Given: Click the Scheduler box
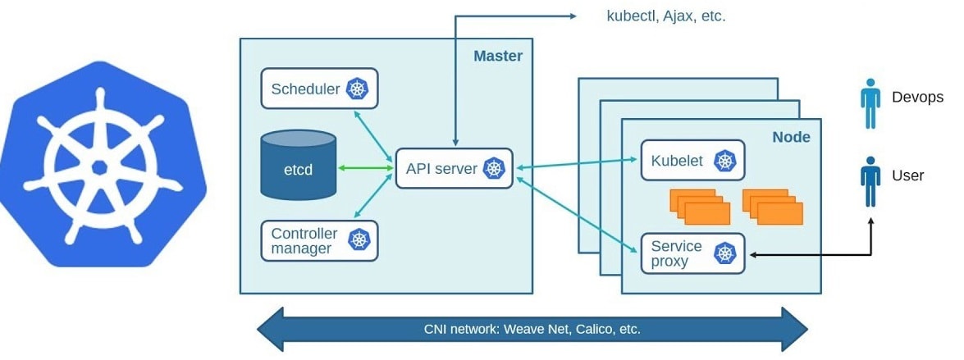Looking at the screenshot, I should (319, 89).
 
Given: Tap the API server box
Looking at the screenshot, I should (454, 168).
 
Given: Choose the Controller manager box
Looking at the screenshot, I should (319, 240).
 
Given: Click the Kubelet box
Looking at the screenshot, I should (691, 161).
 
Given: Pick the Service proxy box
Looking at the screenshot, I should (691, 253).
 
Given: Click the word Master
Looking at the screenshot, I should (497, 57).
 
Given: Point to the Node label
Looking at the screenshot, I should (791, 137).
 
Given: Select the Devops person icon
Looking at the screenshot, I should (870, 103).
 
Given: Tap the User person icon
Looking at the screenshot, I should (870, 182).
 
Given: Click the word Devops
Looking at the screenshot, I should (917, 98).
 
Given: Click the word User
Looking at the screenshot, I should (907, 175).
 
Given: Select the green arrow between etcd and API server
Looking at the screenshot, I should (365, 168).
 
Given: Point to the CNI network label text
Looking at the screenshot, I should (532, 330).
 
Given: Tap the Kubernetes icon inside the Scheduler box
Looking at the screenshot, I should (358, 89).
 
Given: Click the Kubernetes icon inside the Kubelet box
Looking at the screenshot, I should (724, 161).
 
